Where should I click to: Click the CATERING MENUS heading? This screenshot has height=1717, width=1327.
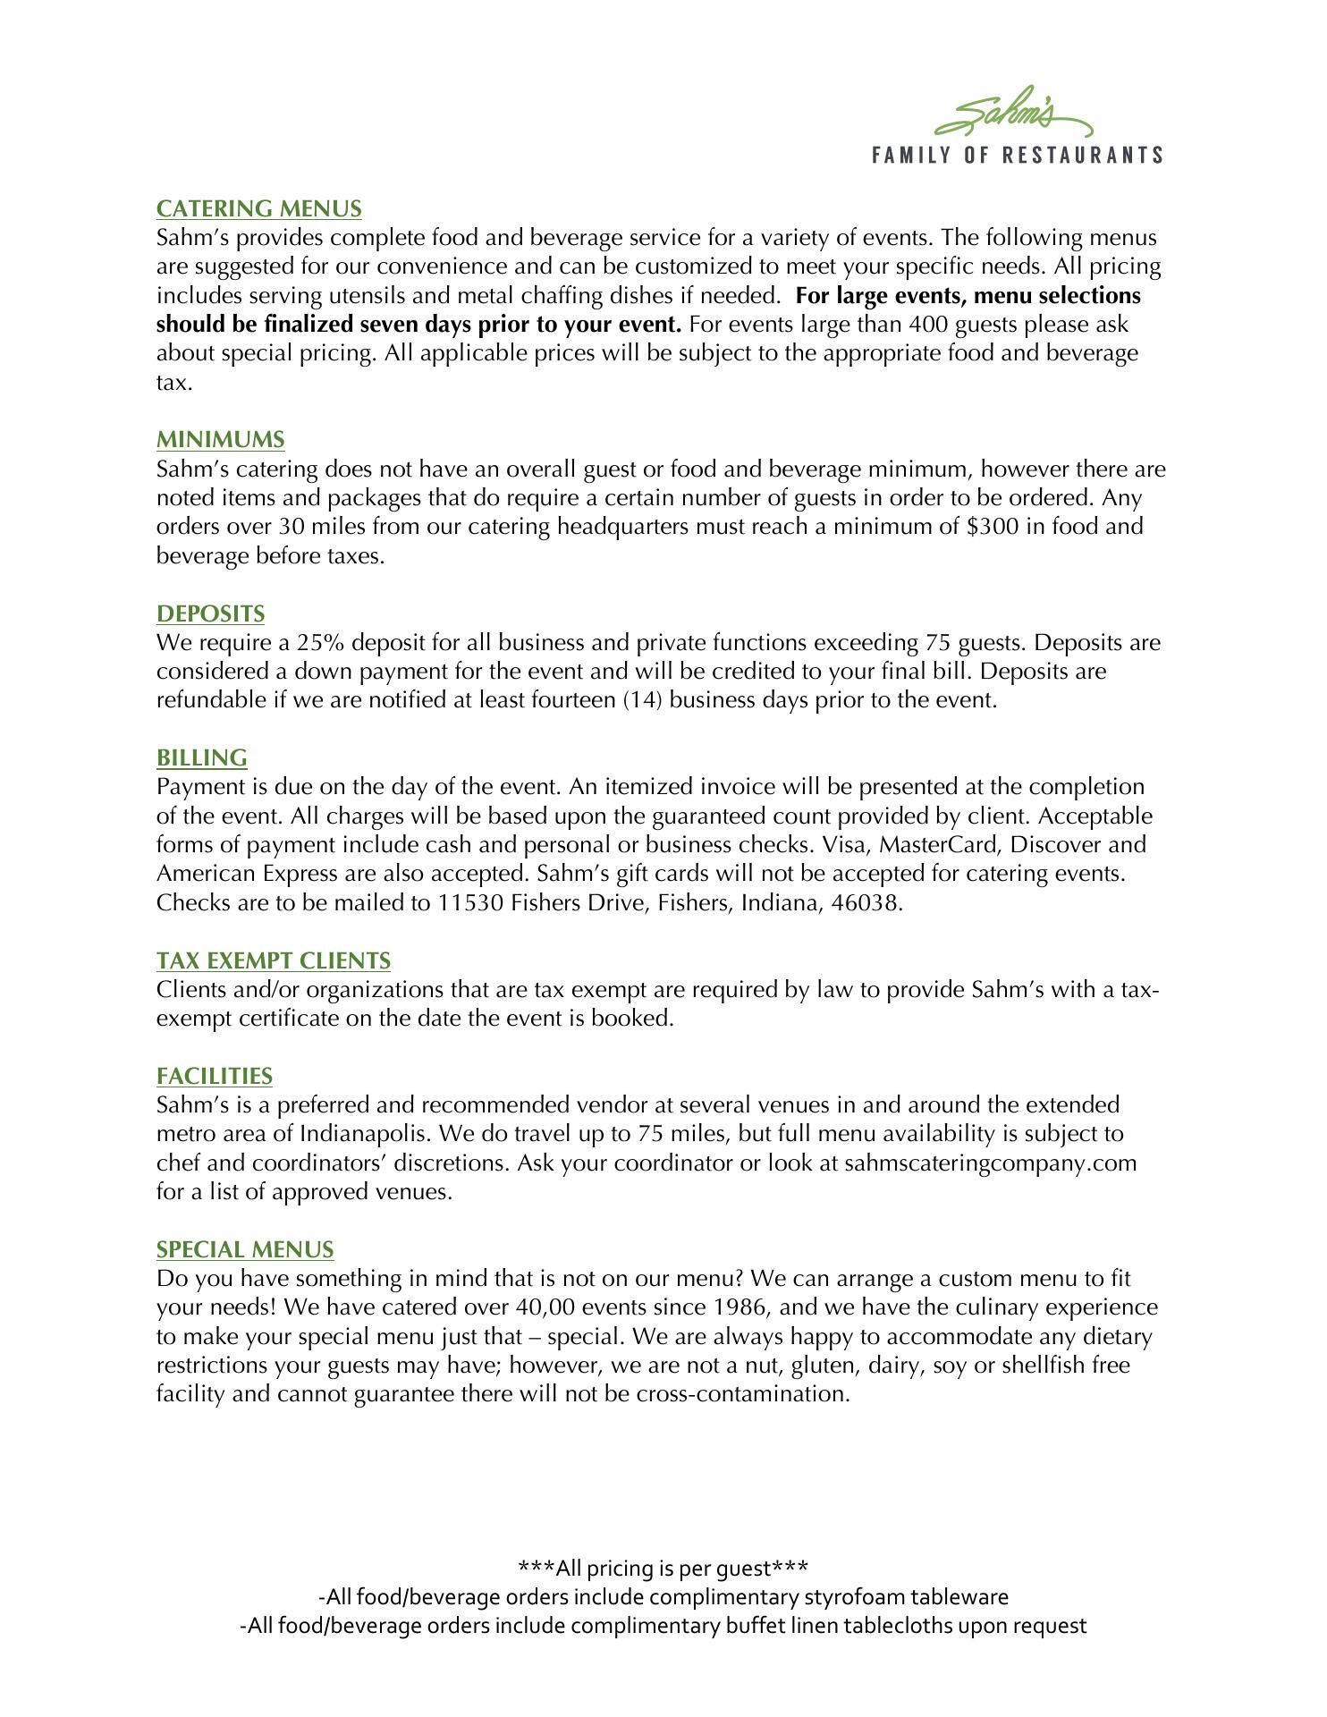click(x=258, y=209)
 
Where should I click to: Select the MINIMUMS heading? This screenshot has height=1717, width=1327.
click(x=220, y=440)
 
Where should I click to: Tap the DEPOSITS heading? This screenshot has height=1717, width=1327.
click(x=210, y=614)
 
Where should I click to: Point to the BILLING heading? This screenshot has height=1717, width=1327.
click(x=201, y=758)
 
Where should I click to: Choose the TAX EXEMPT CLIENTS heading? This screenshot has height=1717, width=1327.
click(x=273, y=961)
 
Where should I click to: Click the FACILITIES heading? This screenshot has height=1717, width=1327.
click(x=214, y=1076)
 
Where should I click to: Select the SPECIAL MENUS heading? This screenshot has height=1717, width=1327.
click(x=244, y=1250)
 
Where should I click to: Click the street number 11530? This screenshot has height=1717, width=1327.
click(x=470, y=903)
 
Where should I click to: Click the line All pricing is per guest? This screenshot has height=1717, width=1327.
click(x=663, y=1569)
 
